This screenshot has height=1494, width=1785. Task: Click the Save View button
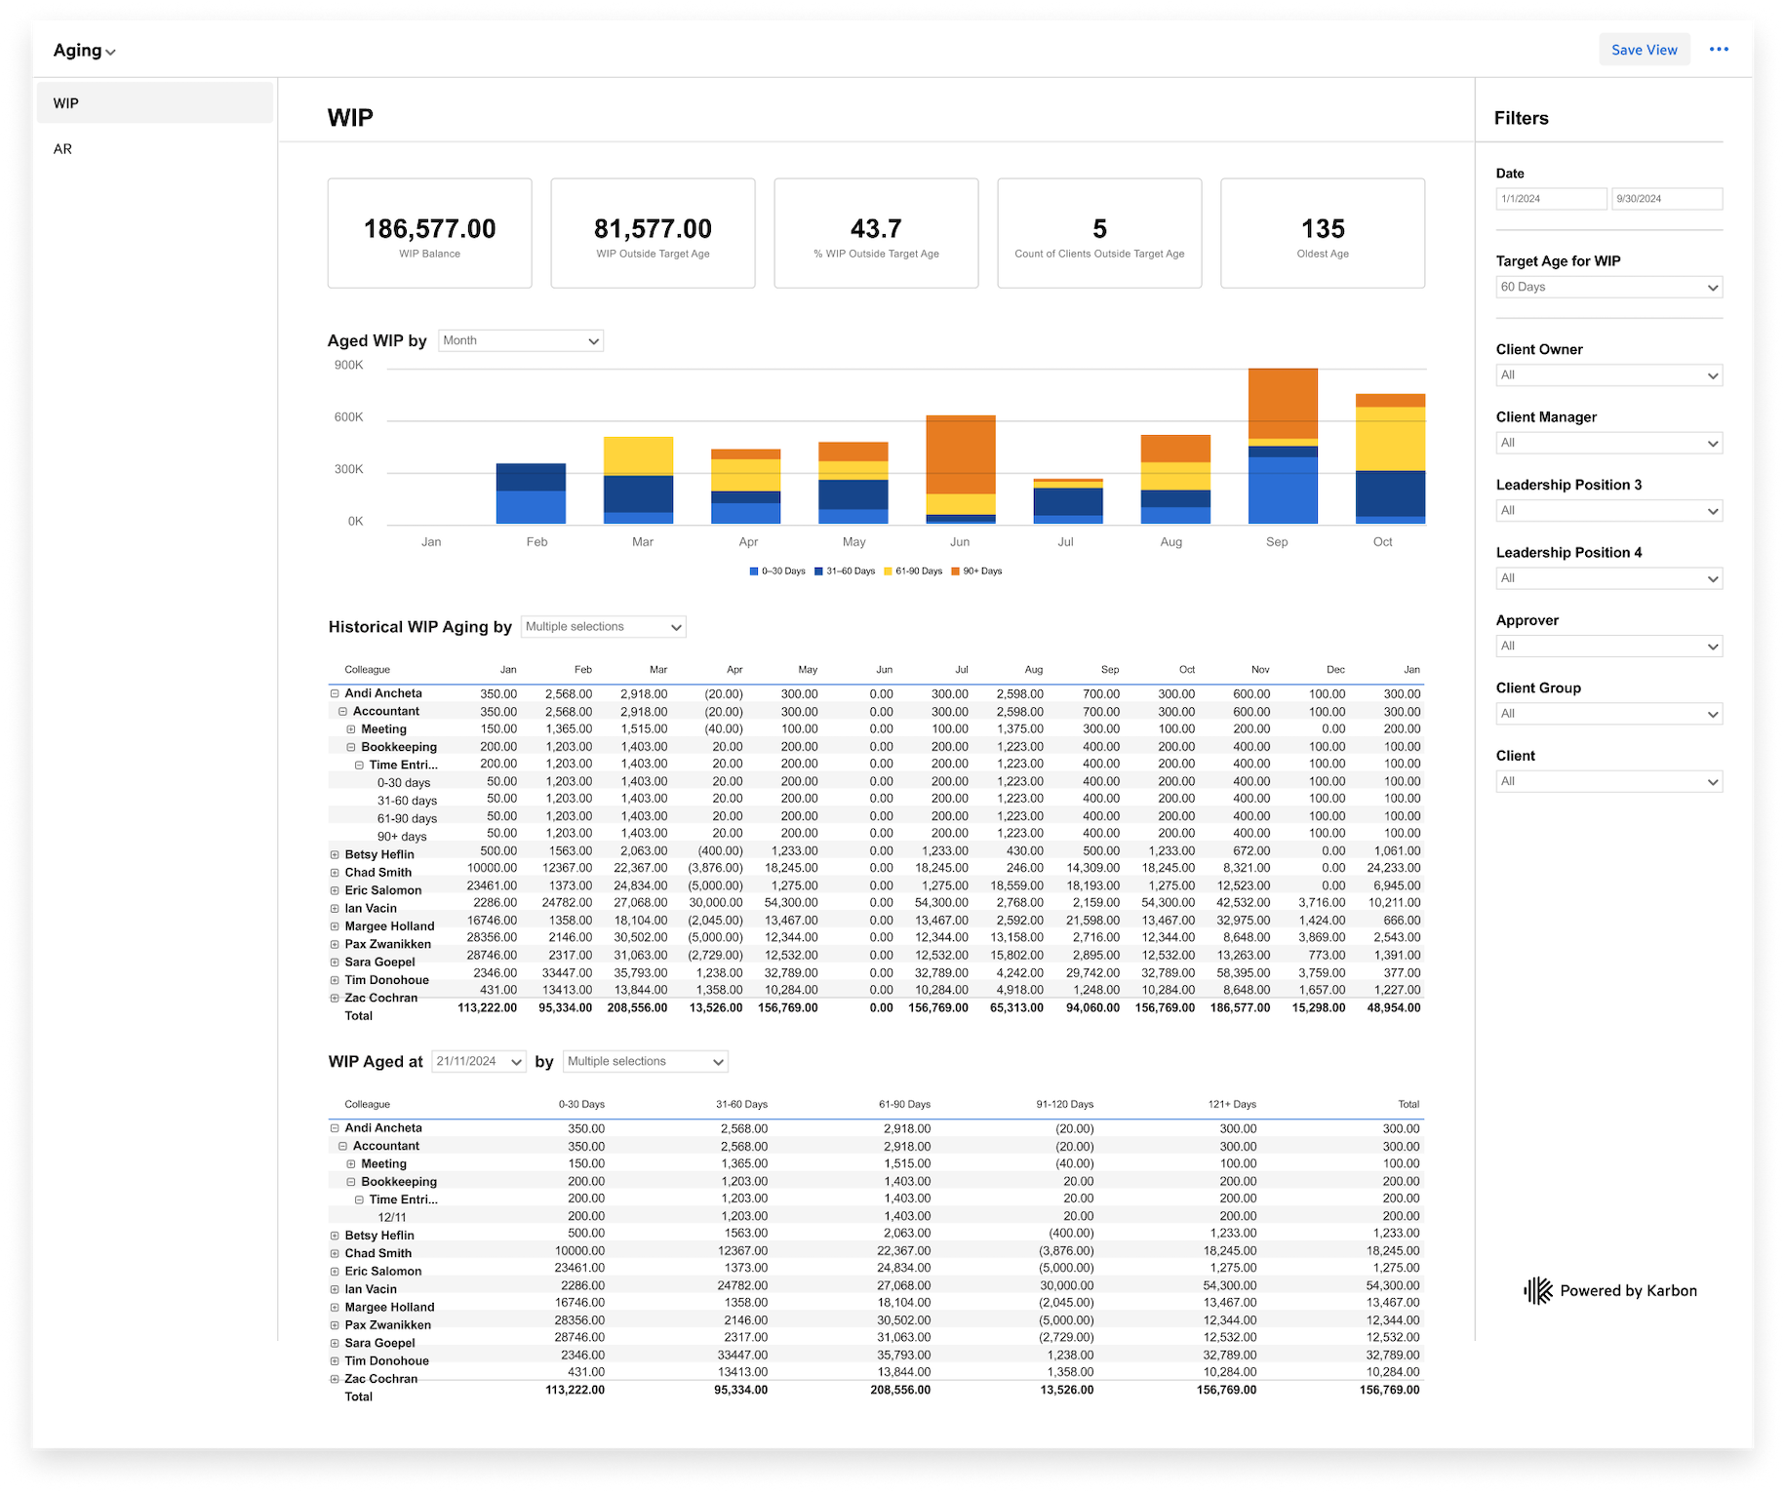pos(1644,50)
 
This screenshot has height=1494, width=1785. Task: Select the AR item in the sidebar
pos(63,149)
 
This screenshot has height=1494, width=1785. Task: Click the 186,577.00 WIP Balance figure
pos(429,229)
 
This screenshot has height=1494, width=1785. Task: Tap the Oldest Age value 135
pos(1322,229)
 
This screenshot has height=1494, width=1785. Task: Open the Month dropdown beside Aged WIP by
pos(521,340)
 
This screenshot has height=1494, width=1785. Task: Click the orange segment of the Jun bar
pos(960,453)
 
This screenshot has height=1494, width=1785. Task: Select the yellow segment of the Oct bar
pos(1390,439)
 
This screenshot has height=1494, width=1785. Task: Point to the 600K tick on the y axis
pos(348,417)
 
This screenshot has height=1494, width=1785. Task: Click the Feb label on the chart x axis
pos(536,542)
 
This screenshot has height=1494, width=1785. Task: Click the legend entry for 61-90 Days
pos(918,571)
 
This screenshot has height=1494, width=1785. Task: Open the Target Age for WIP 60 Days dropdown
pos(1608,288)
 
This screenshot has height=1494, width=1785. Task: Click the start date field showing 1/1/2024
pos(1550,199)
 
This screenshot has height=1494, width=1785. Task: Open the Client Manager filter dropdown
pos(1608,443)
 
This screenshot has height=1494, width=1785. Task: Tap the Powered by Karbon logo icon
pos(1538,1291)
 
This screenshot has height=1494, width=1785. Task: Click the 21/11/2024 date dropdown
pos(478,1061)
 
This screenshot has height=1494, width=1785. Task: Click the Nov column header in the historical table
pos(1260,670)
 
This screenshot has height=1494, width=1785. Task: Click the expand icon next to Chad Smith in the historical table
pos(335,873)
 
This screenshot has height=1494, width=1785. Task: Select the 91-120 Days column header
pos(1064,1105)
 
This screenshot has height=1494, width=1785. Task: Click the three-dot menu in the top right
pos(1719,50)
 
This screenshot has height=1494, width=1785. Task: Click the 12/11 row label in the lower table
pos(392,1217)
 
